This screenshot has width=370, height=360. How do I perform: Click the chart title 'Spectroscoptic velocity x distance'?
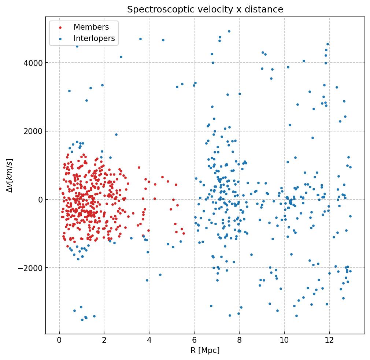pos(205,10)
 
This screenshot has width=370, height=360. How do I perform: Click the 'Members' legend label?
pos(91,27)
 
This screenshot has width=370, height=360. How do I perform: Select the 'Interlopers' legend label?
pos(94,38)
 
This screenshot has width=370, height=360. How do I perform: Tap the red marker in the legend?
pos(60,27)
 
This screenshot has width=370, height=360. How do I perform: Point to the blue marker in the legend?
pos(60,39)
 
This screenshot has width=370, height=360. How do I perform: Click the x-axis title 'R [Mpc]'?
pos(205,350)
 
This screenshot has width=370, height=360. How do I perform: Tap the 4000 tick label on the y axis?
pos(33,63)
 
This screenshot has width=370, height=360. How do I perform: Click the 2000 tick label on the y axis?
pos(33,131)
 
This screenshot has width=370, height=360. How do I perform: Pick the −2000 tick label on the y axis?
pos(31,268)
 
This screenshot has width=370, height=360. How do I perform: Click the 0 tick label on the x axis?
pos(59,341)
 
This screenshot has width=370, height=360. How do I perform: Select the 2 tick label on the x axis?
pos(104,341)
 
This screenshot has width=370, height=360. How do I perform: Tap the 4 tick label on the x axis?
pos(149,341)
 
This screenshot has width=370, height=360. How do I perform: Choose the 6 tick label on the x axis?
pos(194,341)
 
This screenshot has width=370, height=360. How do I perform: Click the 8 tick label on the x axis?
pos(239,341)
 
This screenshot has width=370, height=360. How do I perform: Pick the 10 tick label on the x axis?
pos(284,341)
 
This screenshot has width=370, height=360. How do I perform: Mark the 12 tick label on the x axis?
pos(329,341)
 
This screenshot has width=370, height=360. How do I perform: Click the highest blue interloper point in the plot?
pos(229,31)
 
